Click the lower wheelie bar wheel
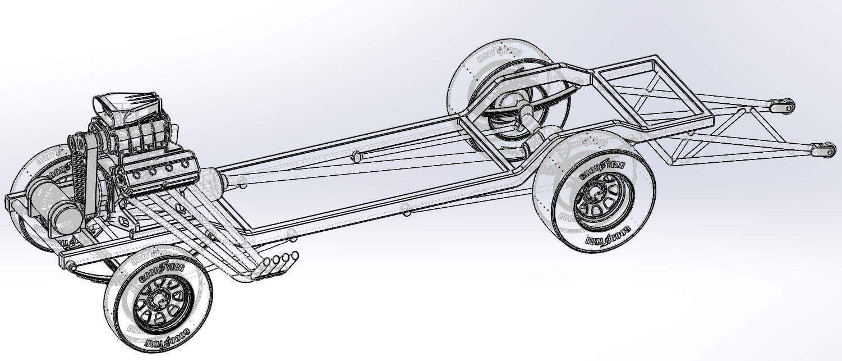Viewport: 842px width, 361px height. [x=825, y=150]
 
